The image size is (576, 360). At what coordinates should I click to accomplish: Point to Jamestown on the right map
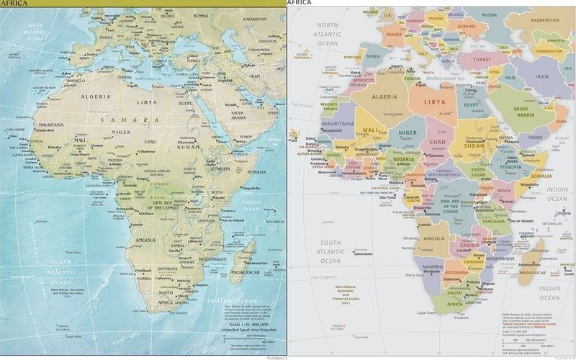[x=363, y=253]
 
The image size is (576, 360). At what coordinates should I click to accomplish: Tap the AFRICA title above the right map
[x=300, y=3]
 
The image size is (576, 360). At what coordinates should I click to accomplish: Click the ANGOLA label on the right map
[x=433, y=238]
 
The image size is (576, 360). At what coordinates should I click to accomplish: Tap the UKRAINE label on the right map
[x=466, y=26]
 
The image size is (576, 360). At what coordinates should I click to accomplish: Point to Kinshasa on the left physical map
[x=148, y=214]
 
